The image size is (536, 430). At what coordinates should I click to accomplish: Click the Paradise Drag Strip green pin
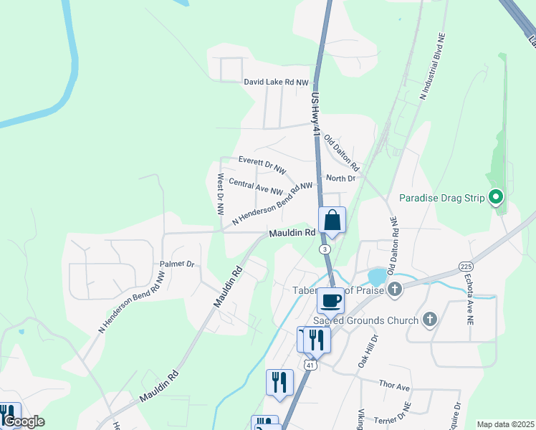(x=495, y=196)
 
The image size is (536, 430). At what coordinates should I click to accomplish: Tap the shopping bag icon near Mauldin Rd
(x=332, y=219)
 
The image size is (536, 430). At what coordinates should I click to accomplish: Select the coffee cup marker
(x=330, y=300)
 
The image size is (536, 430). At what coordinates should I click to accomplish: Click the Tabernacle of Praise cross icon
(x=393, y=290)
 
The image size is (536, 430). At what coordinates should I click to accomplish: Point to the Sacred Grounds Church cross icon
(x=430, y=320)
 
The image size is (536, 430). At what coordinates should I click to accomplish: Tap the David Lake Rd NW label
(x=275, y=82)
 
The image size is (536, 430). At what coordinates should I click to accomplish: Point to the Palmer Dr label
(x=177, y=264)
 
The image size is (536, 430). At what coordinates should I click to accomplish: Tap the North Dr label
(x=340, y=178)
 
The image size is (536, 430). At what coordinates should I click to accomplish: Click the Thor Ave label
(x=394, y=387)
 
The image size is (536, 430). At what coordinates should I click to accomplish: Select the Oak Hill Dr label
(x=367, y=350)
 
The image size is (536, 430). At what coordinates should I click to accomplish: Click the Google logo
(x=24, y=421)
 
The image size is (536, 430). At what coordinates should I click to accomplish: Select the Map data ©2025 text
(x=505, y=424)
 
